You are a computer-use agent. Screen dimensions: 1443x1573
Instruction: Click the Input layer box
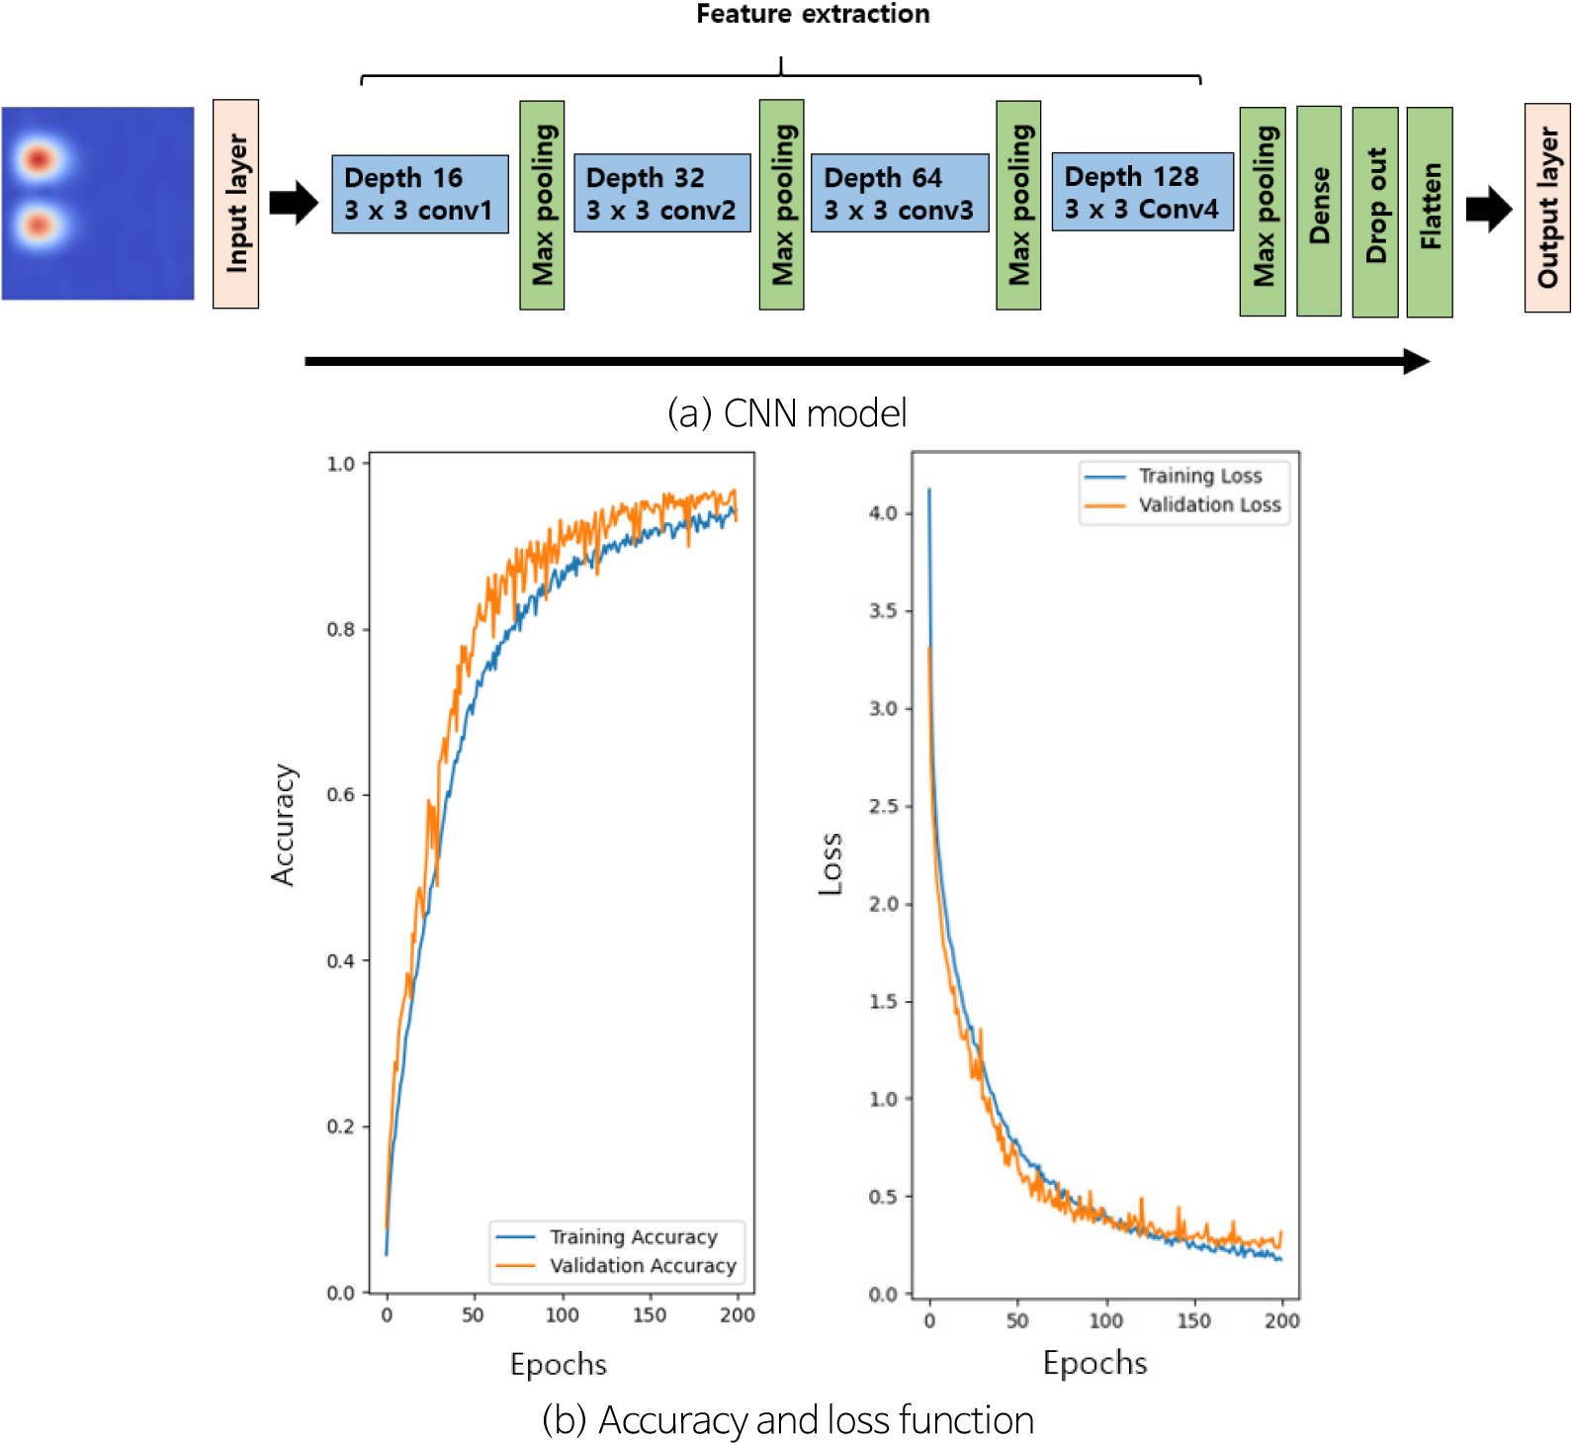coord(235,204)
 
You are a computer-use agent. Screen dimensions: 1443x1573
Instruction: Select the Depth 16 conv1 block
coord(419,194)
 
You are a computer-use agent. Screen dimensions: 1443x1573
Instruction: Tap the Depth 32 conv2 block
coord(661,194)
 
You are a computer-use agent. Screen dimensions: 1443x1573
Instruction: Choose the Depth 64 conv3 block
coord(899,194)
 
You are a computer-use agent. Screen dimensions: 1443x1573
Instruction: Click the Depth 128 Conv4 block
coord(1142,193)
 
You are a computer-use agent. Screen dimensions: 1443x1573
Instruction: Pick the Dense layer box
coord(1318,211)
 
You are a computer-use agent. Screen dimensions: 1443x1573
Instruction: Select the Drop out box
coord(1374,211)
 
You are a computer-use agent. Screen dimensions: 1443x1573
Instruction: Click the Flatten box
coord(1429,211)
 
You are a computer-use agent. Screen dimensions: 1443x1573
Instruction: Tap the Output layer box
coord(1546,207)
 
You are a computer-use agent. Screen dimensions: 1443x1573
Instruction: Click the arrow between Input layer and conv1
coord(294,203)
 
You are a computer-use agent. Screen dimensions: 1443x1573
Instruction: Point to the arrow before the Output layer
coord(1488,209)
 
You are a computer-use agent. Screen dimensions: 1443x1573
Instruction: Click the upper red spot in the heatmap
coord(39,158)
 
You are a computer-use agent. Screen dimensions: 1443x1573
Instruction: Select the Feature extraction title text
coord(813,14)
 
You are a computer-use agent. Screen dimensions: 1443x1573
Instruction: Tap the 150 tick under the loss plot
coord(1193,1320)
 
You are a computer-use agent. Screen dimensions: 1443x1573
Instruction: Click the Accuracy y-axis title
coord(283,824)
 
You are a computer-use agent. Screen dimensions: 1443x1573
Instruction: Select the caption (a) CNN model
coord(787,413)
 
